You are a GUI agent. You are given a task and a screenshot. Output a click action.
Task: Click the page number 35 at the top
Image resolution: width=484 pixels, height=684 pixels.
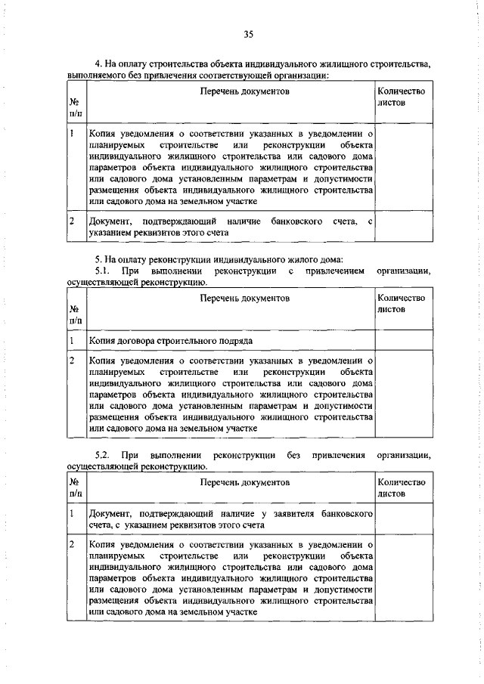[248, 34]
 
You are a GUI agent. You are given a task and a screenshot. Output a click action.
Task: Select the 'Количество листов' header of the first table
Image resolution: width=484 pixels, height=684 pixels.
[401, 96]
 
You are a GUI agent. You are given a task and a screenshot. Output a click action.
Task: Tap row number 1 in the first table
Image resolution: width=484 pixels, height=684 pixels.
[70, 133]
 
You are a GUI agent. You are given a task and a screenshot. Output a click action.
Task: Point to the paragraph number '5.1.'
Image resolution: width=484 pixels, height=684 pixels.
[103, 270]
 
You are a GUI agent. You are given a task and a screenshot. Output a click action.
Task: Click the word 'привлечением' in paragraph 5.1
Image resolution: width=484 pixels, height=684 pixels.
[334, 270]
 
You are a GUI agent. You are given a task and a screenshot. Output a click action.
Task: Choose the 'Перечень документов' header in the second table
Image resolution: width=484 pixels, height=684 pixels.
[245, 299]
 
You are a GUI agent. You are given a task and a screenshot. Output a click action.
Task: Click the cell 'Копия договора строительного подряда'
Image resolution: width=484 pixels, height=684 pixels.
[170, 341]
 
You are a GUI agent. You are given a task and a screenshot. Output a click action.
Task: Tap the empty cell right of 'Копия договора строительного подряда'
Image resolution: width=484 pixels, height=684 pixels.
[401, 341]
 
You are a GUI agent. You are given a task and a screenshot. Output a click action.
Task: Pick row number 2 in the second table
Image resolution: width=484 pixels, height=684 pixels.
[70, 361]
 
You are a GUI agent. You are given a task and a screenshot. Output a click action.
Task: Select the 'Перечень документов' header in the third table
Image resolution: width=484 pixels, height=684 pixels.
[245, 481]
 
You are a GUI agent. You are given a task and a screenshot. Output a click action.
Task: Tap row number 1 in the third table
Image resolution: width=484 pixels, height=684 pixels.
[70, 513]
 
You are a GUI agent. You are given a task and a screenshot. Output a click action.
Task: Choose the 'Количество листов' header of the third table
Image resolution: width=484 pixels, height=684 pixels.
[401, 487]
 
